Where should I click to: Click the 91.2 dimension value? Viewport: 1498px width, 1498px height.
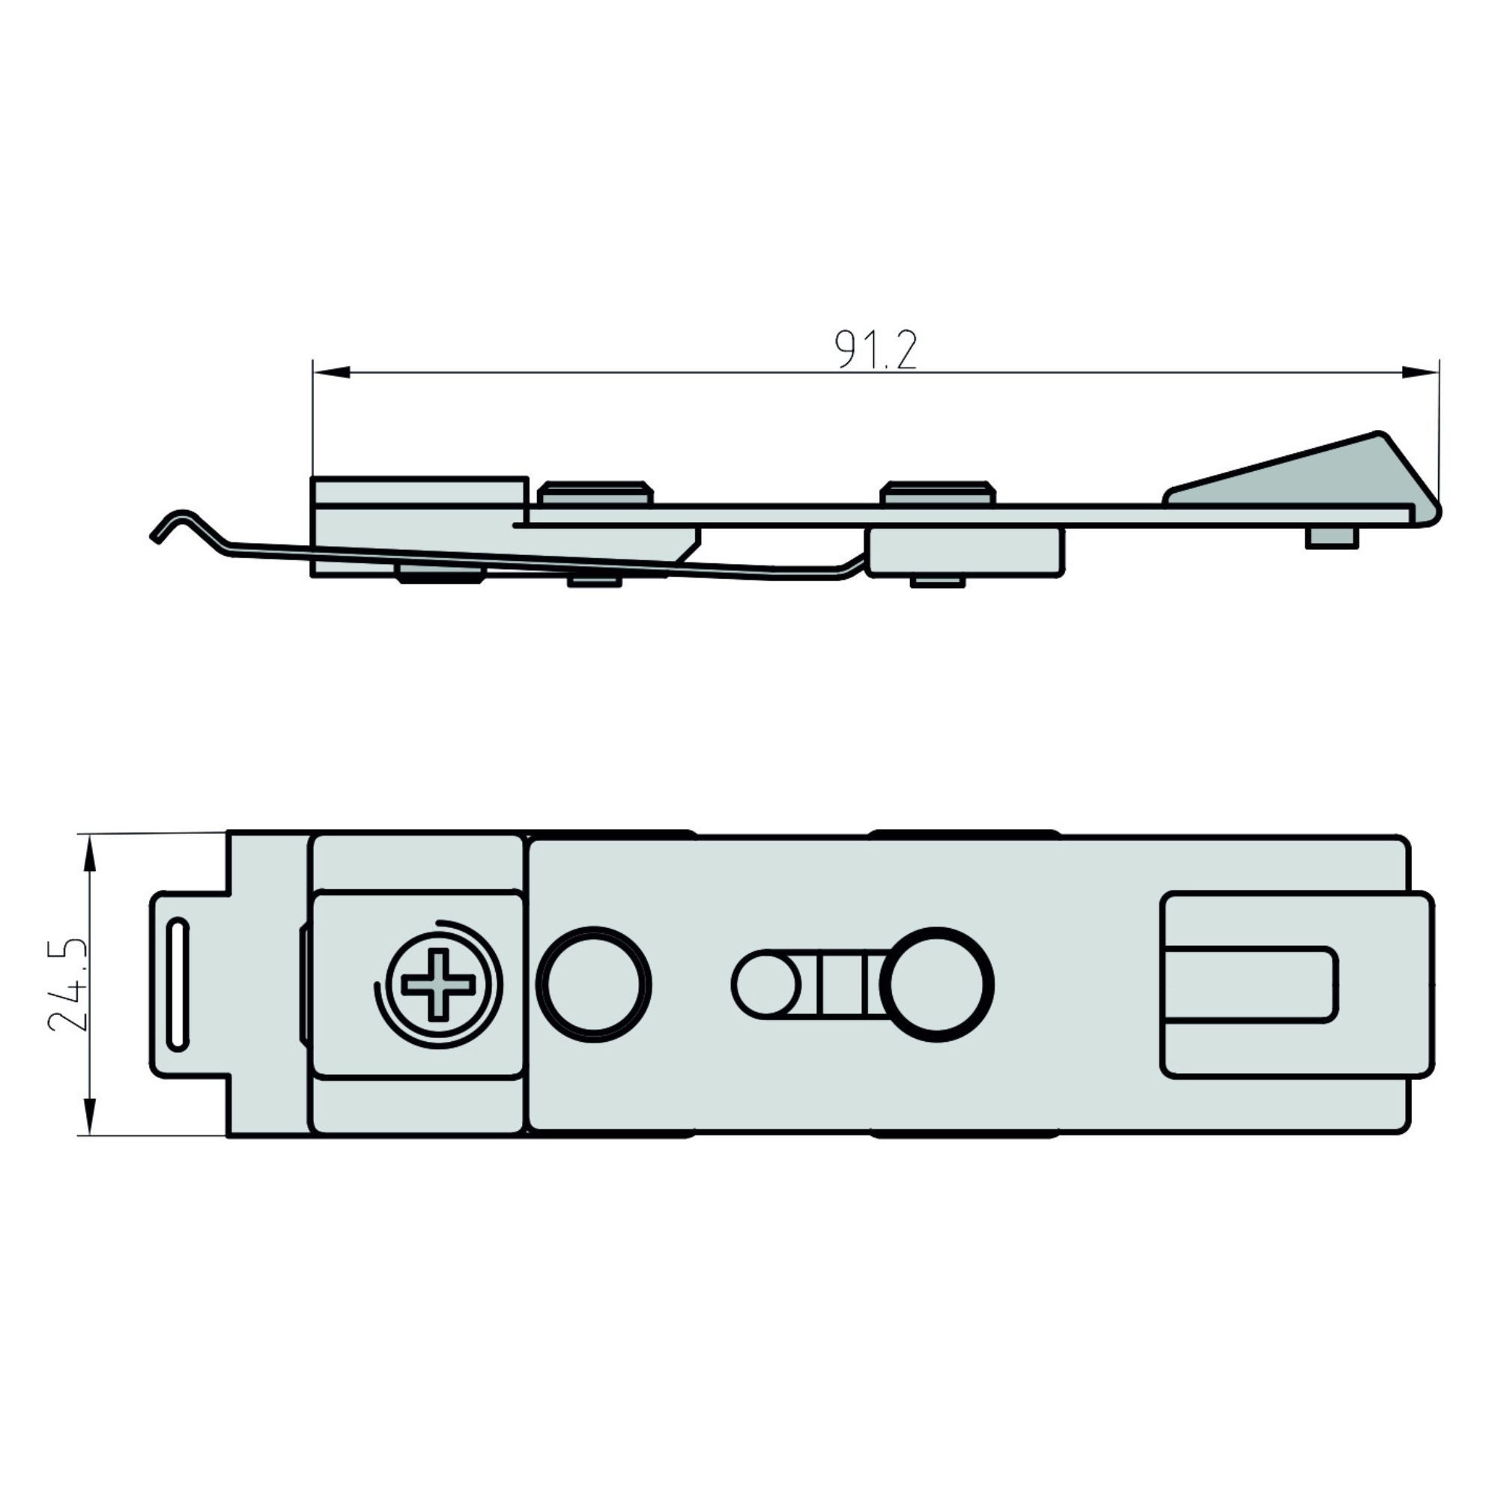pyautogui.click(x=876, y=350)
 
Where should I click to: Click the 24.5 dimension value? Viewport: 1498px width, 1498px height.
pyautogui.click(x=67, y=985)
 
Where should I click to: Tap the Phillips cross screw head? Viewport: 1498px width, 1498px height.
pyautogui.click(x=438, y=985)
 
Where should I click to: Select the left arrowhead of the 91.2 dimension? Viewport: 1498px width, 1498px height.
pyautogui.click(x=332, y=374)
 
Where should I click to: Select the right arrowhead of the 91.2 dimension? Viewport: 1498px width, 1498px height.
pyautogui.click(x=1419, y=373)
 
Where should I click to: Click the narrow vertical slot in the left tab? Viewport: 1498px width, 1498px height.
pyautogui.click(x=178, y=985)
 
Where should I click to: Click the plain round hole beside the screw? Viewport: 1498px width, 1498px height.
pyautogui.click(x=594, y=985)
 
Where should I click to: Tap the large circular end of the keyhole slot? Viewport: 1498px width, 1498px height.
pyautogui.click(x=941, y=984)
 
